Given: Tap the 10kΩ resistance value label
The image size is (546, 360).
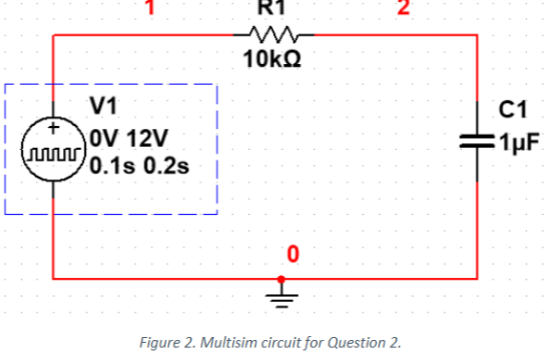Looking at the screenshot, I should point(273,59).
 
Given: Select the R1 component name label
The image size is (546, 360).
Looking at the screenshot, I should point(273,7).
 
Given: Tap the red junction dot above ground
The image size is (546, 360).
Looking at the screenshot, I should point(281,279).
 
